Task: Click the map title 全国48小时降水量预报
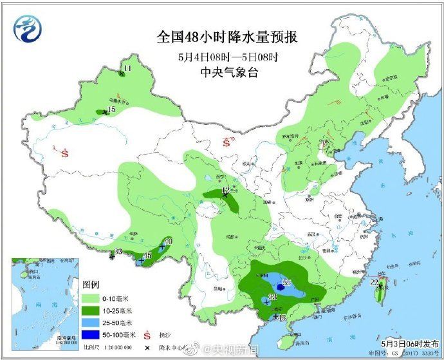click(x=227, y=37)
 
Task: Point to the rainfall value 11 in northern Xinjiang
click(x=127, y=68)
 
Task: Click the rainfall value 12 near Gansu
click(x=225, y=190)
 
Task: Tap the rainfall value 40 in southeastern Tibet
click(x=168, y=242)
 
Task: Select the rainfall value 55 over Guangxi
click(x=287, y=282)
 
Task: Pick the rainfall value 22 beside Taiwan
click(x=375, y=282)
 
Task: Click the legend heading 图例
click(x=89, y=284)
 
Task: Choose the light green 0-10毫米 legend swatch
click(x=92, y=299)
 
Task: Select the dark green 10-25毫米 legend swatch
click(x=92, y=311)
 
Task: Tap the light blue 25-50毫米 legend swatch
click(x=92, y=323)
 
